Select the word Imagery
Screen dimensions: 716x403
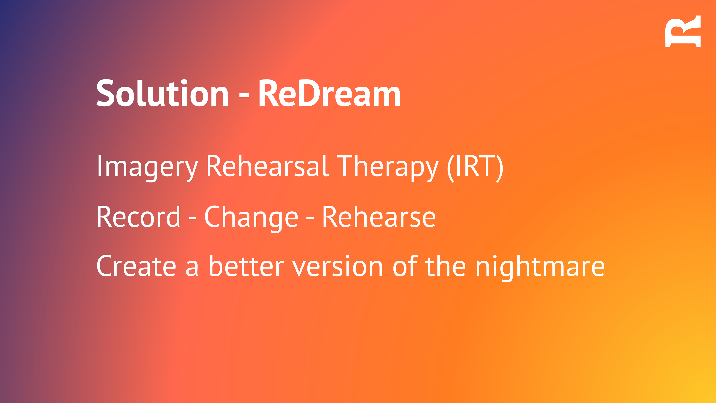coord(147,168)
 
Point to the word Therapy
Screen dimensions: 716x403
coord(387,168)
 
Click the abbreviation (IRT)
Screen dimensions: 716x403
coord(475,168)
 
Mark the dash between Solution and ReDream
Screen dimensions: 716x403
coord(244,96)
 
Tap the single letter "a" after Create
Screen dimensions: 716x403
coord(192,268)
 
